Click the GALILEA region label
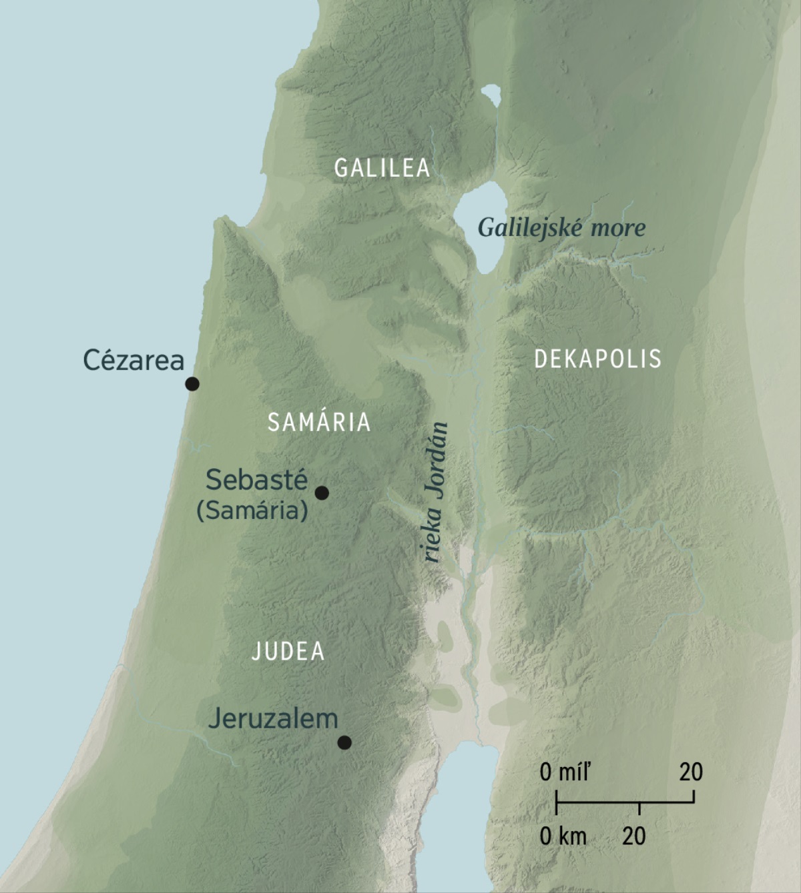[382, 168]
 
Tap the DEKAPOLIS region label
[597, 359]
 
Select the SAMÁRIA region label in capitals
[319, 422]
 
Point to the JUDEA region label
[288, 652]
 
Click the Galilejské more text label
[561, 228]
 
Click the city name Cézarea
[133, 360]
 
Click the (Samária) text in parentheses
[252, 511]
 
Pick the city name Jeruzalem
[273, 719]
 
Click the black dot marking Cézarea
[192, 383]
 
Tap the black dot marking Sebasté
[322, 493]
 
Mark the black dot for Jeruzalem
[344, 742]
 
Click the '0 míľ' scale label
[565, 772]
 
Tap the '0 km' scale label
[563, 836]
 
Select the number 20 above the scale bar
[691, 772]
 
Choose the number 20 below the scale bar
[634, 836]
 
